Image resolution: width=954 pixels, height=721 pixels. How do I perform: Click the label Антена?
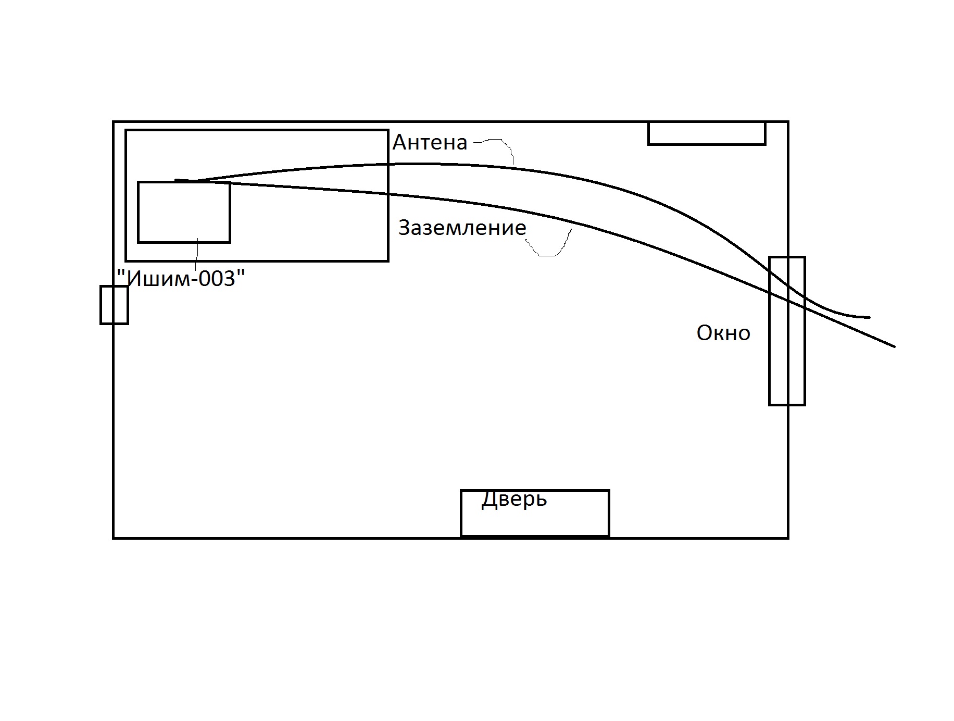(430, 142)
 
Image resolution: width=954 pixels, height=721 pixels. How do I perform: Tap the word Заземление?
(462, 228)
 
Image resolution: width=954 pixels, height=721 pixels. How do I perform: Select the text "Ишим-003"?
(181, 279)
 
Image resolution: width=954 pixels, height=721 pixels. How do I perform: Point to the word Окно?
(723, 333)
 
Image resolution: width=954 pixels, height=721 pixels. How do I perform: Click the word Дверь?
(514, 499)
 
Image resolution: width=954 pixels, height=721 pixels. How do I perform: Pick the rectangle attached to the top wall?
(707, 133)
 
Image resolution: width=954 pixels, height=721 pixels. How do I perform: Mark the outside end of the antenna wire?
(868, 317)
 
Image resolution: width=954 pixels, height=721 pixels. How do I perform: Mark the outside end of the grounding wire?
(894, 346)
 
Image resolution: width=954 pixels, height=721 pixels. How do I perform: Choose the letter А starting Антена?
(400, 142)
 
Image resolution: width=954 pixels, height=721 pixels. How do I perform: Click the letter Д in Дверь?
(488, 500)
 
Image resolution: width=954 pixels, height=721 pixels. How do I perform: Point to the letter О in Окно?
(704, 333)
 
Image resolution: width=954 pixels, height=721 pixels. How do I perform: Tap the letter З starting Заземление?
(405, 228)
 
